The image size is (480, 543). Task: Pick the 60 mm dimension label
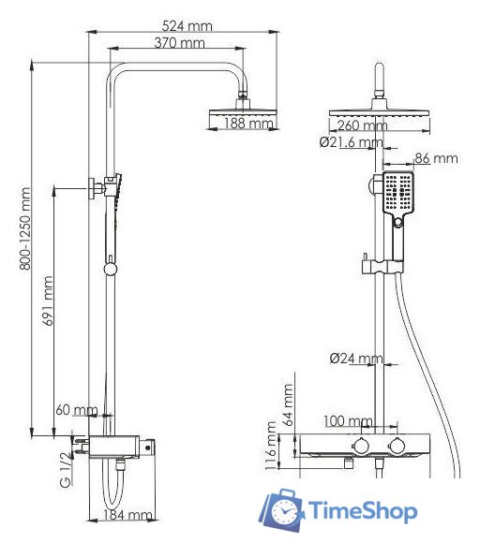pyautogui.click(x=75, y=411)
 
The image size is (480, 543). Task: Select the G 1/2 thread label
pyautogui.click(x=66, y=467)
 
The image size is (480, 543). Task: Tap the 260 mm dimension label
pyautogui.click(x=361, y=125)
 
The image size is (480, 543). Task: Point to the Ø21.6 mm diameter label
pyautogui.click(x=351, y=142)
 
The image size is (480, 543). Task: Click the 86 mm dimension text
pyautogui.click(x=436, y=159)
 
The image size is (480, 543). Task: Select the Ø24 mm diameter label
pyautogui.click(x=355, y=359)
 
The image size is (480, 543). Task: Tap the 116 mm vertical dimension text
pyautogui.click(x=271, y=446)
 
